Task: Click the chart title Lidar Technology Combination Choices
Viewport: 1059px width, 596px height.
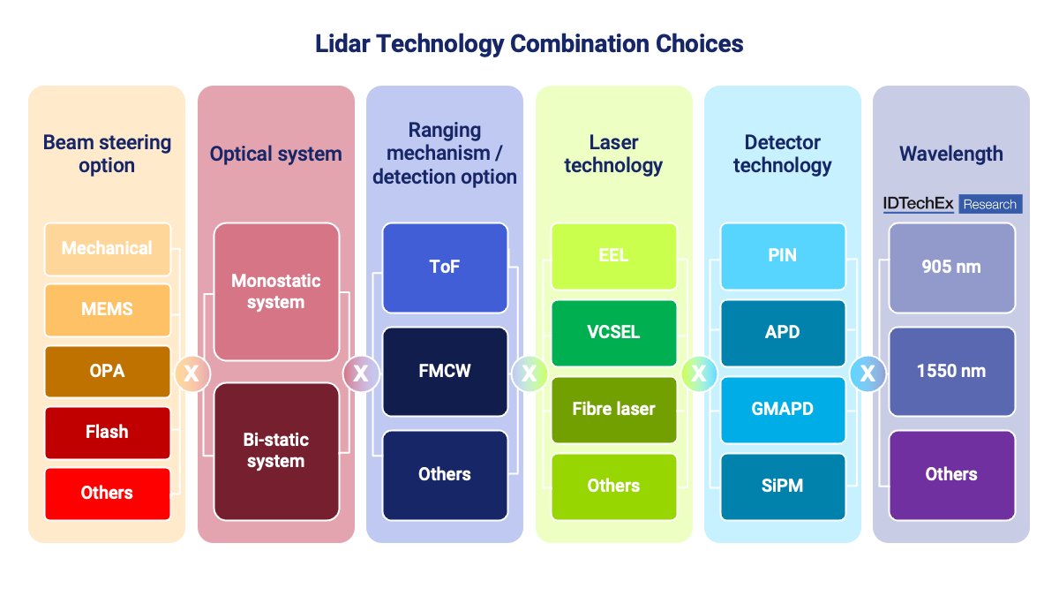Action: click(x=529, y=43)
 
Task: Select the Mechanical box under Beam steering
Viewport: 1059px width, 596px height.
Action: click(x=107, y=249)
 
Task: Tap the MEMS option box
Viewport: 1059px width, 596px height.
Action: click(x=107, y=310)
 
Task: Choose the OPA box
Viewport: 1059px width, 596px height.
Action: click(x=107, y=371)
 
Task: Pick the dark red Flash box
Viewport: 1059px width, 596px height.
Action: click(x=107, y=432)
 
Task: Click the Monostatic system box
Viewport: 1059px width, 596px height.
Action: click(x=276, y=291)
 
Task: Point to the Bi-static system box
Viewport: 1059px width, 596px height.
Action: click(x=276, y=450)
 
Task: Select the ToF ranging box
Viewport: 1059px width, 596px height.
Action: click(x=445, y=268)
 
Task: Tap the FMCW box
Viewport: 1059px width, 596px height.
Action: click(x=445, y=371)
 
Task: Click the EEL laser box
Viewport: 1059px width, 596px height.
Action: click(x=613, y=256)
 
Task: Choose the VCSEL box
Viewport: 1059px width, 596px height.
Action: click(x=613, y=333)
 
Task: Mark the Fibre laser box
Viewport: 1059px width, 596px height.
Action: click(x=613, y=410)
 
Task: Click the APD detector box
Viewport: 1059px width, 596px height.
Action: click(x=783, y=333)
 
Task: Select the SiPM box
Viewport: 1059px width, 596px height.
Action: click(x=783, y=487)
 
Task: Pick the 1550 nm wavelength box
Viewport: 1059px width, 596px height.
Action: click(x=951, y=371)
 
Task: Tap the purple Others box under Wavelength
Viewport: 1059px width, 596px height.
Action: click(x=951, y=474)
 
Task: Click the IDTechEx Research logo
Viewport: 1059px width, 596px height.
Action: click(x=952, y=204)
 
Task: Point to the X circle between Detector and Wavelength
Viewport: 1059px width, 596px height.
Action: click(x=867, y=373)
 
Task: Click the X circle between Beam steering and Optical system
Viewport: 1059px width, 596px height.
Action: click(x=192, y=373)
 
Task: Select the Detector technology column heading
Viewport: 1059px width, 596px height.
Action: click(x=783, y=154)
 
